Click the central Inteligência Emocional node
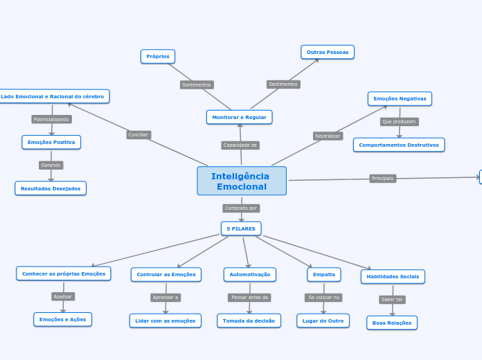(241, 181)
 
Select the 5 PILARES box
(241, 228)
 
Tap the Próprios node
(158, 56)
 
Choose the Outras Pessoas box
(328, 52)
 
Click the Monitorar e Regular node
(239, 117)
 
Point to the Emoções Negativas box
(400, 98)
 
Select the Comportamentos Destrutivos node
(399, 145)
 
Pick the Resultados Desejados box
(51, 188)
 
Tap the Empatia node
(324, 274)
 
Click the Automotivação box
(250, 274)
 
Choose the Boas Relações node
(392, 323)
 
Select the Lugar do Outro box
(323, 321)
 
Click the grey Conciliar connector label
(139, 135)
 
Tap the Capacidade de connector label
(240, 145)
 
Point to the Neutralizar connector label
(328, 136)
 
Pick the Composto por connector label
(241, 208)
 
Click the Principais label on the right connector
(382, 178)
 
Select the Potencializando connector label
(51, 119)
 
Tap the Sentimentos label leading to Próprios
(197, 84)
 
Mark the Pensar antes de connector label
(249, 298)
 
